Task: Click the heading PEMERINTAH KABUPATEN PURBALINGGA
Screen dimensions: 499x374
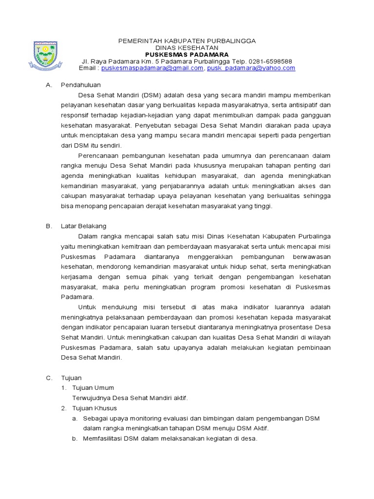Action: (x=187, y=41)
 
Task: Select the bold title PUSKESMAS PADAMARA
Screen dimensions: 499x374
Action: (x=187, y=55)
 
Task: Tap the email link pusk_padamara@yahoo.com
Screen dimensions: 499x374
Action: (x=251, y=68)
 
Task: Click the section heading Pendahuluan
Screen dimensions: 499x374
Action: (x=81, y=85)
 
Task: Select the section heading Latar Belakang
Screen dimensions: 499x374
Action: (x=84, y=226)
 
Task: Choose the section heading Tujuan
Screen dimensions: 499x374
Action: (x=71, y=378)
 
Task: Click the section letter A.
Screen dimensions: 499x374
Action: (x=48, y=85)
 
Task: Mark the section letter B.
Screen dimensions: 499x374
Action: (x=48, y=226)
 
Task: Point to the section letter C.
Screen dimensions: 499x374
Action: (x=48, y=378)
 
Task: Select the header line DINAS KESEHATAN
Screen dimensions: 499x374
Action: (x=187, y=48)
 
